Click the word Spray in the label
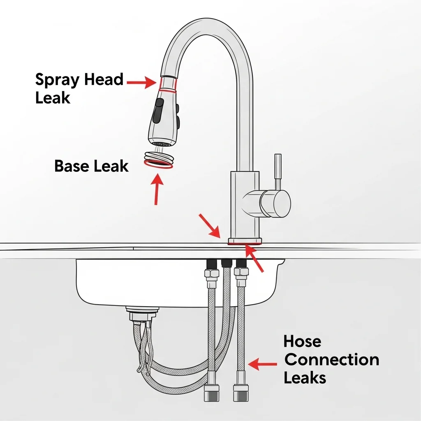58,80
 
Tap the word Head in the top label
104,79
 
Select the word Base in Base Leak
72,166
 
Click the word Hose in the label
302,341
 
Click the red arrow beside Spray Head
141,82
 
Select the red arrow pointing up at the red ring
157,189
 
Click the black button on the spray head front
158,111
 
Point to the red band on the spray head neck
168,85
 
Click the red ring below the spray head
158,164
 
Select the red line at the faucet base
245,244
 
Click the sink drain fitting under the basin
142,314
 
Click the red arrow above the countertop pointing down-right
210,226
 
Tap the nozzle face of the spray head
160,144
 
